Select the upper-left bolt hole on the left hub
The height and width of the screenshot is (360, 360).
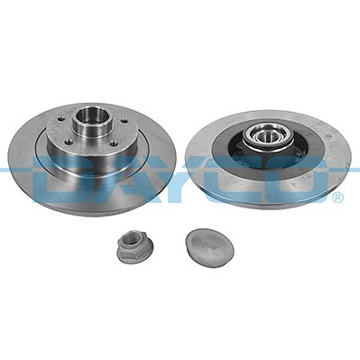coord(61,119)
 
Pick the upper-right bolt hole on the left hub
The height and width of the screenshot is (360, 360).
coord(123,121)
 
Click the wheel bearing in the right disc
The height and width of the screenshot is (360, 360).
coord(263,138)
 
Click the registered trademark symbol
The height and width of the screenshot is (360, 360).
coord(337,198)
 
